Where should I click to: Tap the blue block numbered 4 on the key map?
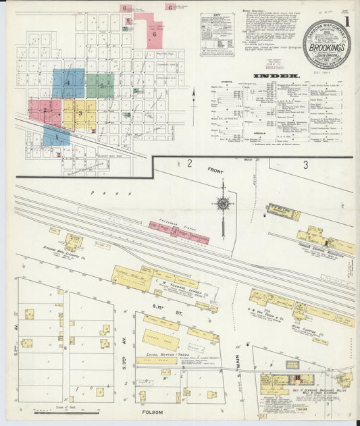point(68,83)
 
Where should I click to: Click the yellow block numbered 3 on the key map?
point(78,113)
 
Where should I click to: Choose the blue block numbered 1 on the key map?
point(56,136)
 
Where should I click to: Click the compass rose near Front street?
point(222,203)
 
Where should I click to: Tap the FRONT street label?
point(215,171)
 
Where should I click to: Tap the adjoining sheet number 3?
point(305,164)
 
